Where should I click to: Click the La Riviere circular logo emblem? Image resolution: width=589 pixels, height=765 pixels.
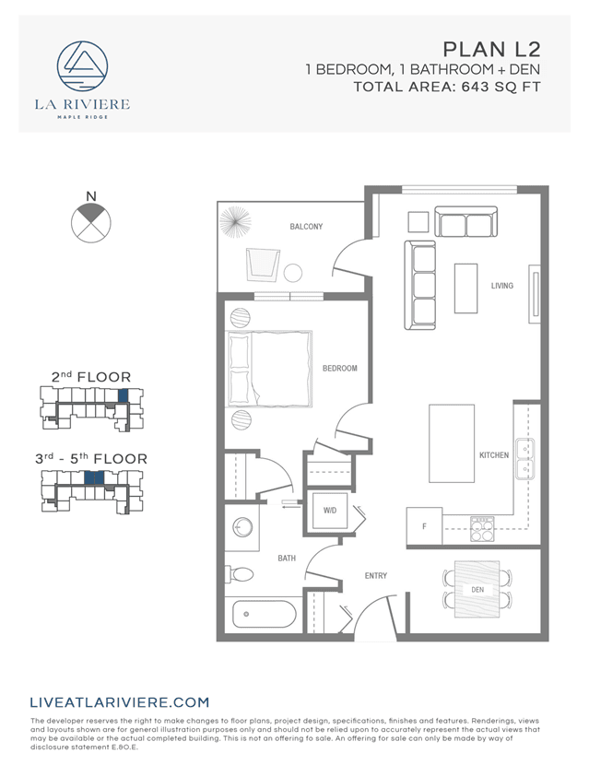pos(83,67)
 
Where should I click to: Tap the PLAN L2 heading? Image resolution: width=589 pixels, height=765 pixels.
pos(490,49)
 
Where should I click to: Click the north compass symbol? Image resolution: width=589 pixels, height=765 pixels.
pos(90,221)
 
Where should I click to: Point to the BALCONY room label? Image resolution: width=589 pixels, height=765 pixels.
pos(306,227)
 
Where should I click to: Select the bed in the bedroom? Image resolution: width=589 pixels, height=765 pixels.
pos(270,369)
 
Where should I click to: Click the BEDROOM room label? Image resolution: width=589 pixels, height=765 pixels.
pos(339,369)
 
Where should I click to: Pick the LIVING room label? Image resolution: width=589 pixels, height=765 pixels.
pos(501,287)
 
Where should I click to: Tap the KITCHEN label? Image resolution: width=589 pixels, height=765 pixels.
pos(494,455)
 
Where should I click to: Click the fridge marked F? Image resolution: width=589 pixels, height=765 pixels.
pos(424,525)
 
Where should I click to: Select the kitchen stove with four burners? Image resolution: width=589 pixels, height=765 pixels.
pos(482,528)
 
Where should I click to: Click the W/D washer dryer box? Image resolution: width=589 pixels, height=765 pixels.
pos(330,510)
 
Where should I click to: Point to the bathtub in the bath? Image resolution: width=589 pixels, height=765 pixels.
pos(263,613)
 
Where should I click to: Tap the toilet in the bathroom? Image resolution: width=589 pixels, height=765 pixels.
pos(241,574)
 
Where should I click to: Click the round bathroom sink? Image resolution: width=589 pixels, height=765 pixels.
pos(242,528)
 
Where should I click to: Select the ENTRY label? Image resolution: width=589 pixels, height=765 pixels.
pos(375,576)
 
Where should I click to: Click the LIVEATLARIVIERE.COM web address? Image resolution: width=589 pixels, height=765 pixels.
pos(120,702)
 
